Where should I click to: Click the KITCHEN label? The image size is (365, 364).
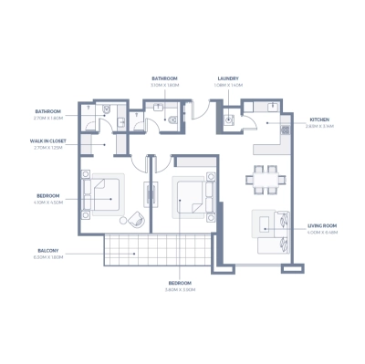[319, 120]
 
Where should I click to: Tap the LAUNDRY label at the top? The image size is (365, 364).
[227, 78]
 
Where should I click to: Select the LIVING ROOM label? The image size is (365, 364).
[322, 226]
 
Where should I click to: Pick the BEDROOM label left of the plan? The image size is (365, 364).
[48, 196]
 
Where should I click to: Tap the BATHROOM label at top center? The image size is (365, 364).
[164, 78]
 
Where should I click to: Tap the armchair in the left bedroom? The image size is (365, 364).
[135, 219]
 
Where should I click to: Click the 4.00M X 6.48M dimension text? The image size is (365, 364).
[323, 233]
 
